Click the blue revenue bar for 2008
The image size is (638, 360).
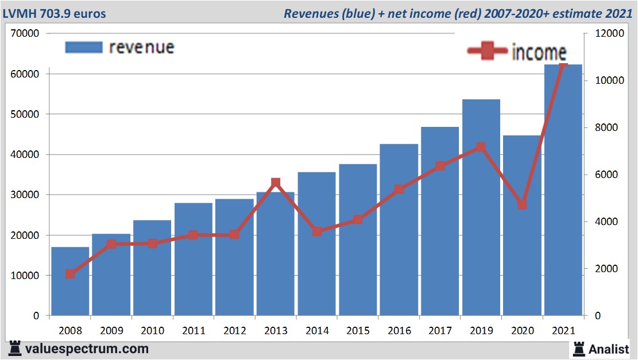(x=70, y=281)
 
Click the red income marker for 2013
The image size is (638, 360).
(x=276, y=183)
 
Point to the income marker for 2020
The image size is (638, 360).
(x=522, y=205)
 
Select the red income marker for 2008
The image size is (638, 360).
(x=70, y=274)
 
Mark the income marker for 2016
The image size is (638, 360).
(x=399, y=189)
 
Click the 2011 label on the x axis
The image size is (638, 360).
(x=194, y=331)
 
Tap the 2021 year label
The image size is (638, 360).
(x=563, y=331)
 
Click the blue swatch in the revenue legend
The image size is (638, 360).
(x=84, y=47)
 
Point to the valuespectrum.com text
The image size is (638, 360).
(x=87, y=349)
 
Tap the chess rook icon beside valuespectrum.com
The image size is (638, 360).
(x=15, y=349)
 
